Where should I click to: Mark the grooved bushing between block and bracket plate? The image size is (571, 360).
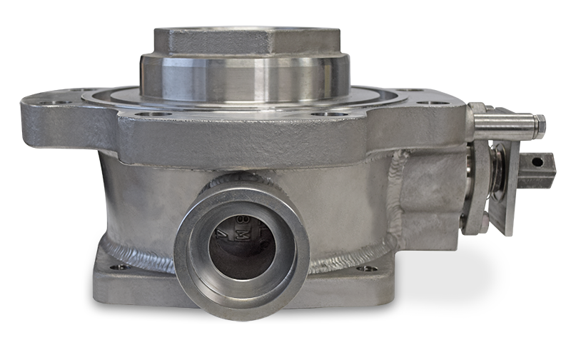(x=474, y=189)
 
